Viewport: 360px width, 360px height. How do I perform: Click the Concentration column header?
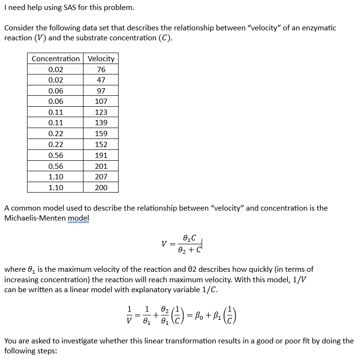[x=55, y=58]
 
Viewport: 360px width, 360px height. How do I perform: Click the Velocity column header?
[x=101, y=58]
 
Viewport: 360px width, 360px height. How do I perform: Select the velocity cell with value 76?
[x=101, y=69]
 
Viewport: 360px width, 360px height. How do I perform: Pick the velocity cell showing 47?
[x=101, y=80]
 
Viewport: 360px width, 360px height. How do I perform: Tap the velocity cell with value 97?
[x=101, y=91]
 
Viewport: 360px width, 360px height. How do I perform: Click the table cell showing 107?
[x=101, y=101]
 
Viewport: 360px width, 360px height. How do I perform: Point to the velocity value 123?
[x=101, y=112]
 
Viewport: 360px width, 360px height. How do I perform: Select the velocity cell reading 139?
[x=101, y=123]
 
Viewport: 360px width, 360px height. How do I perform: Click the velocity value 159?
[x=101, y=134]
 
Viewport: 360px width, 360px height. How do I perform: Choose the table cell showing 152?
[x=101, y=144]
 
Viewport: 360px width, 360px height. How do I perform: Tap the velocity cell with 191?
[x=101, y=155]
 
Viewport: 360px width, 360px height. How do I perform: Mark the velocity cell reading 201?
[x=101, y=166]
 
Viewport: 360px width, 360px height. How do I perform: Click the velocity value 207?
[x=101, y=176]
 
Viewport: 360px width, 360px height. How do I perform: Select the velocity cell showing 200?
[x=101, y=187]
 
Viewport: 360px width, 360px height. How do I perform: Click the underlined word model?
[x=78, y=218]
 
